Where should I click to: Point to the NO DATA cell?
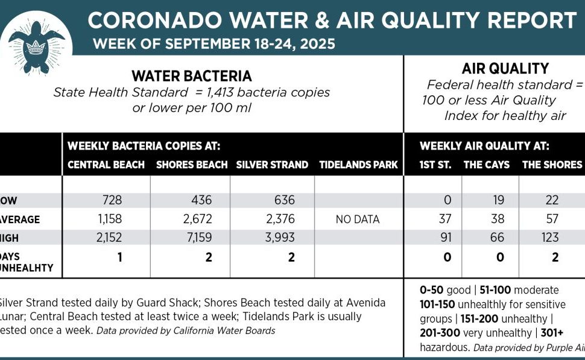point(358,219)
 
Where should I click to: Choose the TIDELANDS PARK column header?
point(358,165)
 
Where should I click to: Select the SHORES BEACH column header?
point(192,165)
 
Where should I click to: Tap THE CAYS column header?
point(486,165)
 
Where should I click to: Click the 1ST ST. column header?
point(435,165)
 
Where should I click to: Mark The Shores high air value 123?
point(550,238)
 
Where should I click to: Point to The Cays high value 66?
point(498,238)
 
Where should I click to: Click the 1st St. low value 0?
point(446,200)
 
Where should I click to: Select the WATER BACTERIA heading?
point(192,77)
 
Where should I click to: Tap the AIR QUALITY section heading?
point(497,69)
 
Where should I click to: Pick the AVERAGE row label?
point(21,219)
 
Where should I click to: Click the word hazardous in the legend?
point(444,348)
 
